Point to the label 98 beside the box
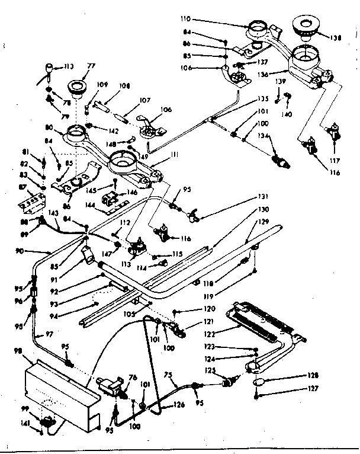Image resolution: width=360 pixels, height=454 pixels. tap(17, 351)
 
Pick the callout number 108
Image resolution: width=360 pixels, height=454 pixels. tap(123, 85)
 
